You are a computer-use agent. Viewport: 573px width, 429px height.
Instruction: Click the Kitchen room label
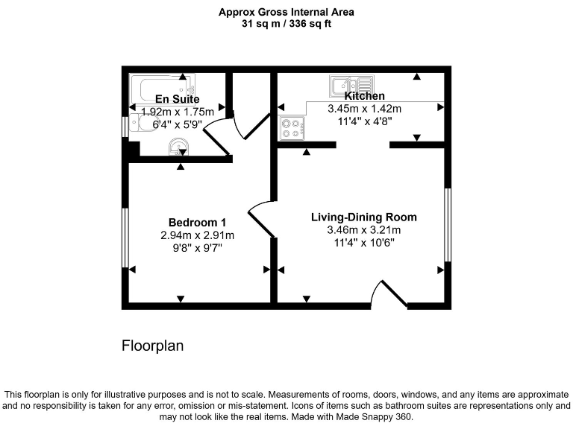click(364, 96)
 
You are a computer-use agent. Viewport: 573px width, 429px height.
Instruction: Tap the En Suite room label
click(177, 99)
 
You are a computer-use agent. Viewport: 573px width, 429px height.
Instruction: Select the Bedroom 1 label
click(197, 223)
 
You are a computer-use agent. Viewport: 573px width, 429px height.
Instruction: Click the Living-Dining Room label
click(363, 217)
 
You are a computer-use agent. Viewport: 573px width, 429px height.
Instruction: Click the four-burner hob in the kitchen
click(291, 129)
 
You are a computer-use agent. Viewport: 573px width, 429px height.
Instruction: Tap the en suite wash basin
click(178, 147)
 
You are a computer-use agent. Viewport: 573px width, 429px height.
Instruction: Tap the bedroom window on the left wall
click(125, 237)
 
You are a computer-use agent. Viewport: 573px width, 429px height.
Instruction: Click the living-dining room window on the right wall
click(447, 225)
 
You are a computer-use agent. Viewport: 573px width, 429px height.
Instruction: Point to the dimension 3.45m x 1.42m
click(364, 108)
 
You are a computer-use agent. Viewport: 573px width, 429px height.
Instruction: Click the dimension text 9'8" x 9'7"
click(197, 247)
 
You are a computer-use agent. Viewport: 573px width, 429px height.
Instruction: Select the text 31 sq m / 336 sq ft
click(286, 24)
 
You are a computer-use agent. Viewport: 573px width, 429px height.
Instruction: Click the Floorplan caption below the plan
click(152, 346)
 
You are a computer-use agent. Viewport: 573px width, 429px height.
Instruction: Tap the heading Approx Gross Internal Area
click(286, 12)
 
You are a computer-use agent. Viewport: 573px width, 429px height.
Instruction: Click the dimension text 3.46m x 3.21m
click(363, 229)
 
